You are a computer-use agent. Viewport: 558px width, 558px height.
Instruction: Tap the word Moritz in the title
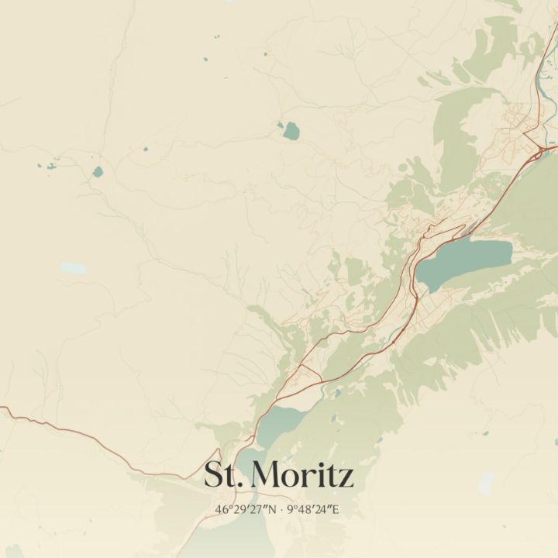303,474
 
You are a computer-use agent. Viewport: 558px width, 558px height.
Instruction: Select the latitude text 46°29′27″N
246,510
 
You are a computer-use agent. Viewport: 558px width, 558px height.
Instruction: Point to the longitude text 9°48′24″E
313,510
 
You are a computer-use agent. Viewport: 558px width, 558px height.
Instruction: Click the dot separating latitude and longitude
281,510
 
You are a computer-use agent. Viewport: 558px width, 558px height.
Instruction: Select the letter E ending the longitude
336,510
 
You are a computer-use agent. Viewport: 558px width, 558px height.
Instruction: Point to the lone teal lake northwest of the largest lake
291,130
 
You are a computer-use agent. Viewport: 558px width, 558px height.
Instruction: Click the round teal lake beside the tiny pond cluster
97,172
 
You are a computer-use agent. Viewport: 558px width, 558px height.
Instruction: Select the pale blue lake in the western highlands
73,268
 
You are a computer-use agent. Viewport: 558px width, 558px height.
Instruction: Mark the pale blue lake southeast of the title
486,483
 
